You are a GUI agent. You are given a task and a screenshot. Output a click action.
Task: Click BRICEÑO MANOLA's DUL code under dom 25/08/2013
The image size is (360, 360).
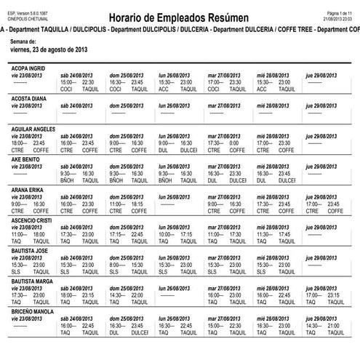[114, 331]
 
